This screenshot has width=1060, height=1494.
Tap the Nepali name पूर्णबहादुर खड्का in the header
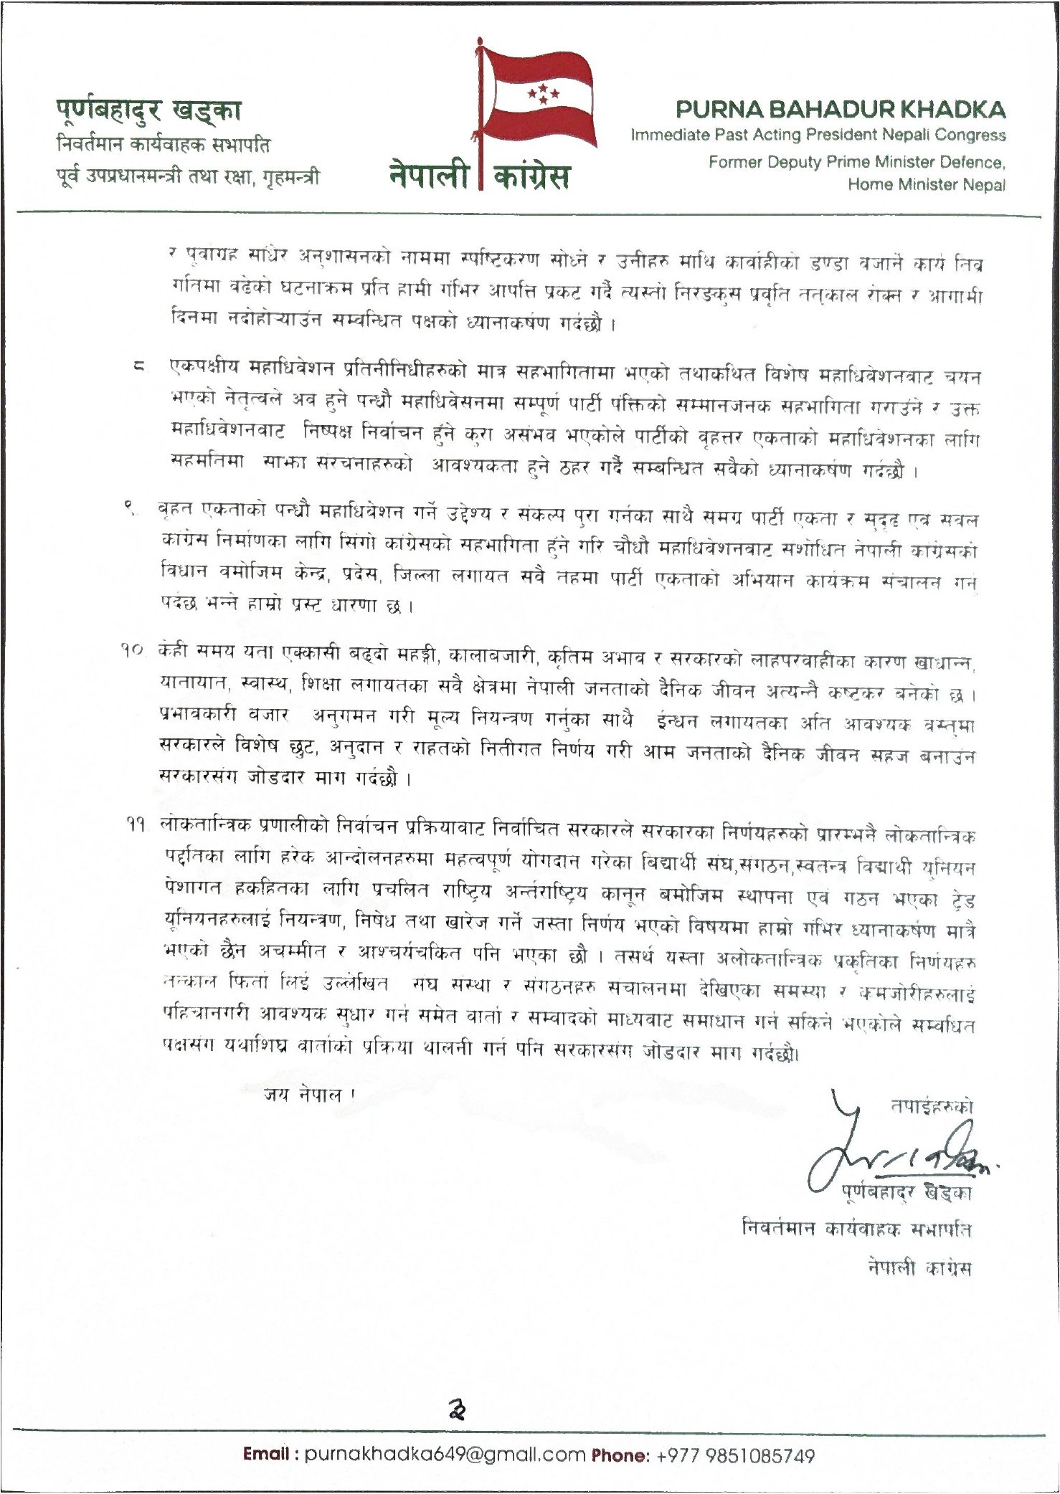tap(148, 110)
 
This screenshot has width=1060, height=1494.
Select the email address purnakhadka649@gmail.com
tap(445, 1455)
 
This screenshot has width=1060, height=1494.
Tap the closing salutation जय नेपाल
tap(309, 1094)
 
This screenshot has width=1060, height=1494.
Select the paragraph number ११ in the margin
tap(132, 826)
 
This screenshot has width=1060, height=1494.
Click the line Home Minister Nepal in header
tap(927, 184)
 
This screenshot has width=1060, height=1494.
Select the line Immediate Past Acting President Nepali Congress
tap(818, 135)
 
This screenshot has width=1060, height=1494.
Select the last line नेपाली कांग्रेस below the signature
tap(919, 1267)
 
